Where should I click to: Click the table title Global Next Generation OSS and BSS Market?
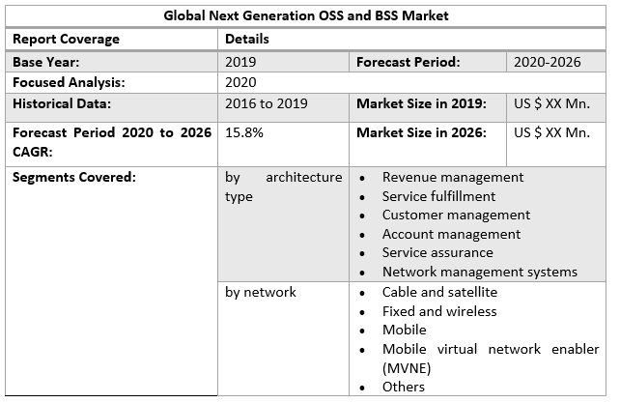[x=306, y=16]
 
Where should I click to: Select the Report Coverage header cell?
[x=66, y=40]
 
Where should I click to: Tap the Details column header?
[x=247, y=40]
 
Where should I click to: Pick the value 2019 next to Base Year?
[x=241, y=62]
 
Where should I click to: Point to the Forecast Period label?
[x=408, y=62]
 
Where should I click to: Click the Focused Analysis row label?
[x=70, y=83]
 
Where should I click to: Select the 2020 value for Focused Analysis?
[x=241, y=83]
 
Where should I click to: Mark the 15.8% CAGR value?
[x=244, y=133]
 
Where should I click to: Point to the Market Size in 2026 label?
[x=421, y=133]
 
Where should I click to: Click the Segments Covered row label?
[x=73, y=177]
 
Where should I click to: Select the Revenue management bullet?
[x=453, y=178]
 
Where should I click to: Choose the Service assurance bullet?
[x=437, y=252]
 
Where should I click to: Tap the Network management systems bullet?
[x=479, y=272]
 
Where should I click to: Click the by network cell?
[x=261, y=292]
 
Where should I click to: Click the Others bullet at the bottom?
[x=403, y=387]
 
